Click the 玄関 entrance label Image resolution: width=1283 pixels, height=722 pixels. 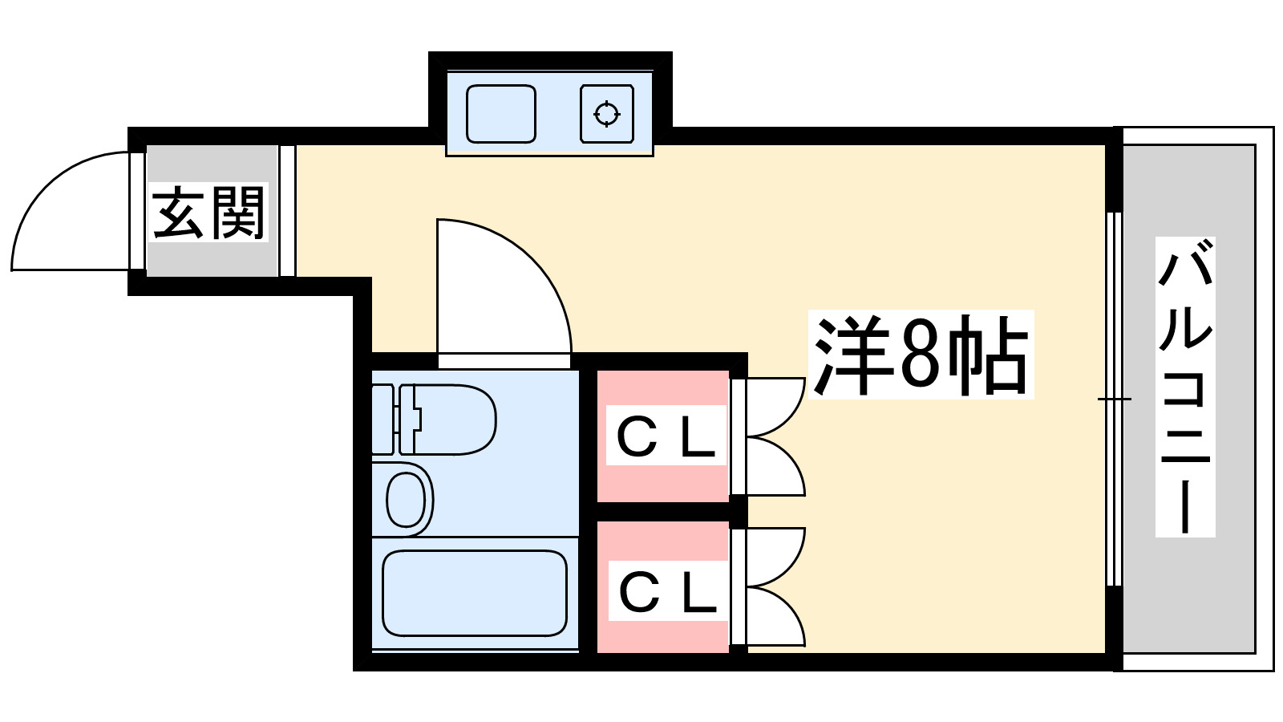tap(208, 213)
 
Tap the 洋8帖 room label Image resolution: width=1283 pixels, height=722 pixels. tap(921, 355)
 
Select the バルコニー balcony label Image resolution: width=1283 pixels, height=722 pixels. tap(1185, 387)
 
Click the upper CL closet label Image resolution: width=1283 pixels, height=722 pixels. tap(666, 436)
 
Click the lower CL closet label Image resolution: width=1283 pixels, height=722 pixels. tap(667, 592)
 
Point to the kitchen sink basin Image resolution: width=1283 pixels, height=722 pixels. tap(500, 114)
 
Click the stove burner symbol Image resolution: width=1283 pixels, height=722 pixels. tap(607, 114)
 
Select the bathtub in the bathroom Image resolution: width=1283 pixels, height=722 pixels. tap(475, 592)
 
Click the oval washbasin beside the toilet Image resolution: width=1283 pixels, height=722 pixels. tap(407, 499)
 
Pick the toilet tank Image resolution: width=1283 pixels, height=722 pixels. tap(383, 420)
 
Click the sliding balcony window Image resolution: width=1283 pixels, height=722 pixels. tap(1111, 399)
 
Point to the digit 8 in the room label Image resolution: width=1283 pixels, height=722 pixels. tap(919, 355)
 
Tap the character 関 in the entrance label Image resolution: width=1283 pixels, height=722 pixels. tap(237, 213)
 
